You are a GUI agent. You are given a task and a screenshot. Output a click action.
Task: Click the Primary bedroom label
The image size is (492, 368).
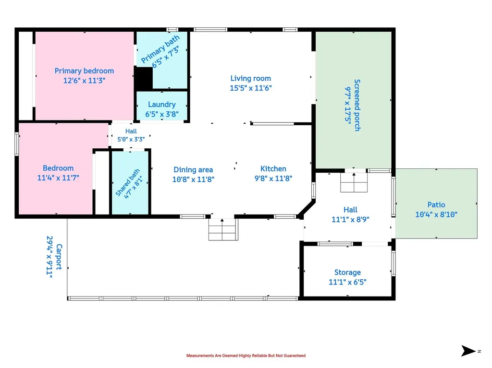[84, 71]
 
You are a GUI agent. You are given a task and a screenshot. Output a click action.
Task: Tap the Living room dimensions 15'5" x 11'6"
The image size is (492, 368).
[251, 88]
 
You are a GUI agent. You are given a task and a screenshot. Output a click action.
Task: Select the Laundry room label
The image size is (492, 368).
[162, 105]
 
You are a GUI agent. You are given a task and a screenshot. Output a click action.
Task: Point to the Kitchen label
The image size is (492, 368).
[273, 168]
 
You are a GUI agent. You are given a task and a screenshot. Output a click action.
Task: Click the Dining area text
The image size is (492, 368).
[193, 169]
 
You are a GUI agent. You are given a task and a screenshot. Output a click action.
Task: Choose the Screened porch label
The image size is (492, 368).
[357, 105]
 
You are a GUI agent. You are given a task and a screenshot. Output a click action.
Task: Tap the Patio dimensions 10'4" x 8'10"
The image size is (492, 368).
[436, 214]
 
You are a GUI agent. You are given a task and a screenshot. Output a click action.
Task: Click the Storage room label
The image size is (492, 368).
[347, 273]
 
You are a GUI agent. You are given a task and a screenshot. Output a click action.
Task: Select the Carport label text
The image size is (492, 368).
[59, 257]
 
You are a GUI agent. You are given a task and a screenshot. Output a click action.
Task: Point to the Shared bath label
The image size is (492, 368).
[127, 182]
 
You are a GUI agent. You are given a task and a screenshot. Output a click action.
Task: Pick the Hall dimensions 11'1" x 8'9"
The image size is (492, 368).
[350, 219]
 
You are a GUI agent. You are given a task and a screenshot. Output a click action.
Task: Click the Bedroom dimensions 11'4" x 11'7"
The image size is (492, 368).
[58, 178]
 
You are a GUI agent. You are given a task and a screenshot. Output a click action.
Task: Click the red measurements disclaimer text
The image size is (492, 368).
[246, 356]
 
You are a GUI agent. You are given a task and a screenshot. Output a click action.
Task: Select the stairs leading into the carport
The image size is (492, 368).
[223, 229]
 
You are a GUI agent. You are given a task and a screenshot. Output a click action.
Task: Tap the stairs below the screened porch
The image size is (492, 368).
[354, 182]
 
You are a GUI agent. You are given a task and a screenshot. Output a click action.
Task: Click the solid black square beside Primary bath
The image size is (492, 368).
[143, 78]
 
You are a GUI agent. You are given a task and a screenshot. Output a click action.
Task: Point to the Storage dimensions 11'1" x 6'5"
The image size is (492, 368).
[347, 282]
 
